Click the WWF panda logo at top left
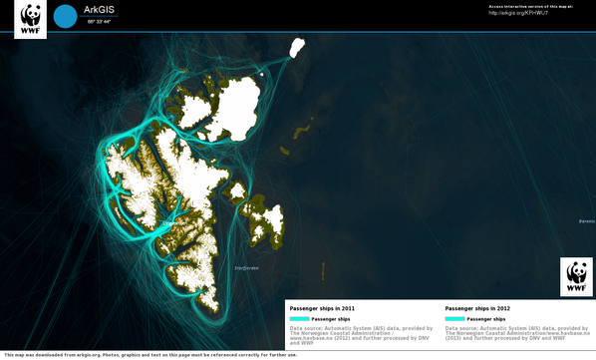pyautogui.click(x=31, y=17)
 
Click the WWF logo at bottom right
pyautogui.click(x=577, y=276)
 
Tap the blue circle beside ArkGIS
pyautogui.click(x=65, y=16)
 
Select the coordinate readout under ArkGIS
pyautogui.click(x=99, y=21)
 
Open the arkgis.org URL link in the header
pyautogui.click(x=518, y=13)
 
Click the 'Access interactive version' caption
pyautogui.click(x=530, y=6)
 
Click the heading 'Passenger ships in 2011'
pyautogui.click(x=322, y=308)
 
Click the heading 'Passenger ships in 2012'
pyautogui.click(x=477, y=308)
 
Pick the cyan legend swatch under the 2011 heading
pyautogui.click(x=299, y=319)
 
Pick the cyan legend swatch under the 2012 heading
pyautogui.click(x=454, y=319)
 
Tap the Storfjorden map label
pyautogui.click(x=246, y=267)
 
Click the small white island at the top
pyautogui.click(x=297, y=46)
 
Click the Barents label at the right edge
pyautogui.click(x=587, y=220)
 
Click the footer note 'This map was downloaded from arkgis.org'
pyautogui.click(x=149, y=355)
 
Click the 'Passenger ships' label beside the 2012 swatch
pyautogui.click(x=485, y=319)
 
